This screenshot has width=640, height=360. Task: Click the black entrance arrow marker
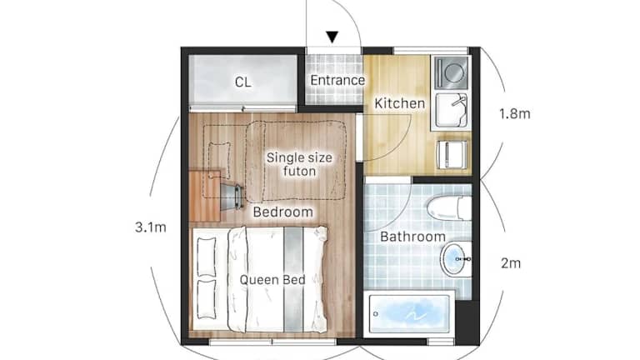pos(332,37)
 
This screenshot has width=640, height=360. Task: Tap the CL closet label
pos(242,82)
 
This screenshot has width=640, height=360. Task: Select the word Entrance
pos(337,80)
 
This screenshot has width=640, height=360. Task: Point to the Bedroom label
pos(282,212)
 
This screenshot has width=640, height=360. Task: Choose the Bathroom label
pos(412,237)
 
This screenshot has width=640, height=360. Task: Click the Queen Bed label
pos(272,280)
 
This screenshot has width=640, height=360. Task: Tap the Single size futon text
pos(300,164)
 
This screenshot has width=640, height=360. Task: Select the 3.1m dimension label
pos(151,227)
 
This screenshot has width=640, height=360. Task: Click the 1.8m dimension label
pos(515,113)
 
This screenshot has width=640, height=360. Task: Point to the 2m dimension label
pos(511,263)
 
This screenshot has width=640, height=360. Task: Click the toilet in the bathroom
pos(448,208)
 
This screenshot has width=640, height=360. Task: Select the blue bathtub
pos(411,313)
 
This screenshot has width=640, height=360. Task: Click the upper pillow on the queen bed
pos(207,257)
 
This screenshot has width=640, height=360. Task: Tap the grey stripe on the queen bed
pos(293,279)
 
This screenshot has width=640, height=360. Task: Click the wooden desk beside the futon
pos(205,197)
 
